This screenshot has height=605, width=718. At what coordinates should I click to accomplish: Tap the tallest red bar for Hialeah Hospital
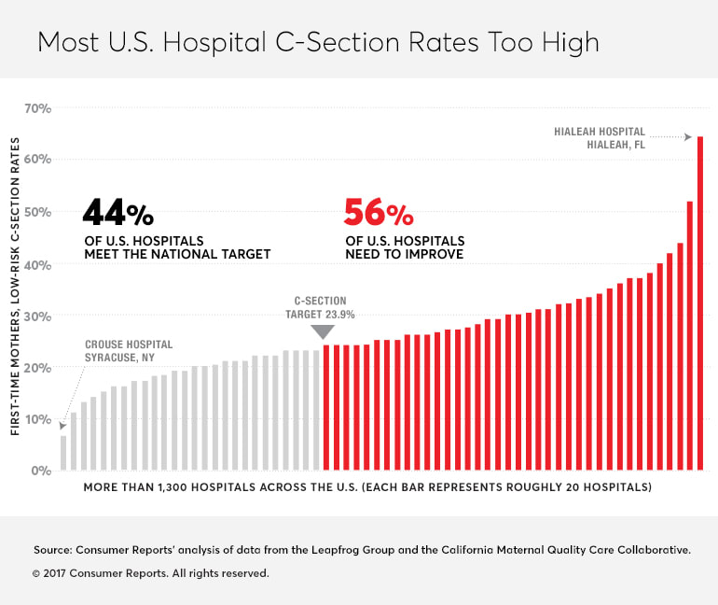[x=700, y=303]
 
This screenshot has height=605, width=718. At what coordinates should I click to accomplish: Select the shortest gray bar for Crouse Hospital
[x=63, y=453]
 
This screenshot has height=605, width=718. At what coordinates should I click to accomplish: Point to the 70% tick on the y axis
[x=37, y=108]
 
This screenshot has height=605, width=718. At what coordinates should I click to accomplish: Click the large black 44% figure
[x=117, y=214]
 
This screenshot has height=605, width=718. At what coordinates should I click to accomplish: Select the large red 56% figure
[x=378, y=214]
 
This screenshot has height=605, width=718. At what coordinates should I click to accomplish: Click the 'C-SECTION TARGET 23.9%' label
[x=319, y=307]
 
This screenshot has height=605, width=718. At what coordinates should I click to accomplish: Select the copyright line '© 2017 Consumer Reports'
[x=150, y=573]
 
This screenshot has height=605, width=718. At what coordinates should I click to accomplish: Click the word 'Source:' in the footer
[x=52, y=551]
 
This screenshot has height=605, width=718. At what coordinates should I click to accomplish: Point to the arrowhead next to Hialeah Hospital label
[x=688, y=137]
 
